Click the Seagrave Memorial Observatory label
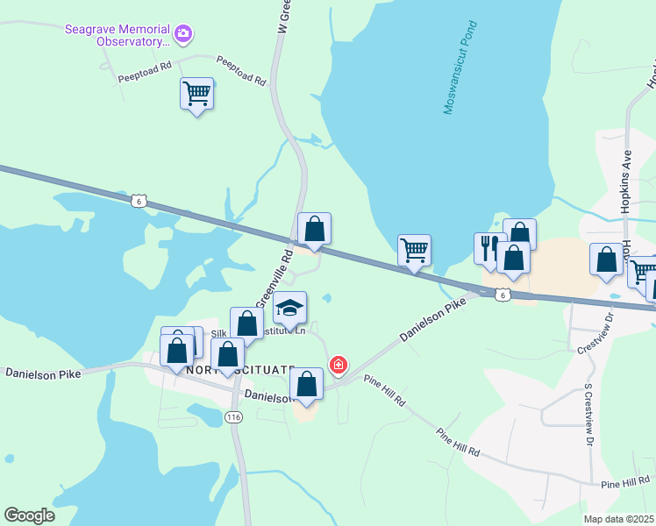(x=118, y=35)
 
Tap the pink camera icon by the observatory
(x=183, y=35)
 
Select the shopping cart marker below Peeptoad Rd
(x=196, y=94)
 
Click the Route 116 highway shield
(x=232, y=417)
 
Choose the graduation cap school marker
(x=290, y=307)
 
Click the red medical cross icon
(x=337, y=364)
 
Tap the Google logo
(x=29, y=515)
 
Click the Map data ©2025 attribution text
(x=619, y=519)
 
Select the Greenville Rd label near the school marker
(x=273, y=277)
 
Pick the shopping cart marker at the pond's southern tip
(x=414, y=250)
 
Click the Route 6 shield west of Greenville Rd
(x=138, y=201)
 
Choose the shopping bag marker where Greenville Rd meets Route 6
(x=314, y=229)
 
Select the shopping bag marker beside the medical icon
(x=306, y=384)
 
